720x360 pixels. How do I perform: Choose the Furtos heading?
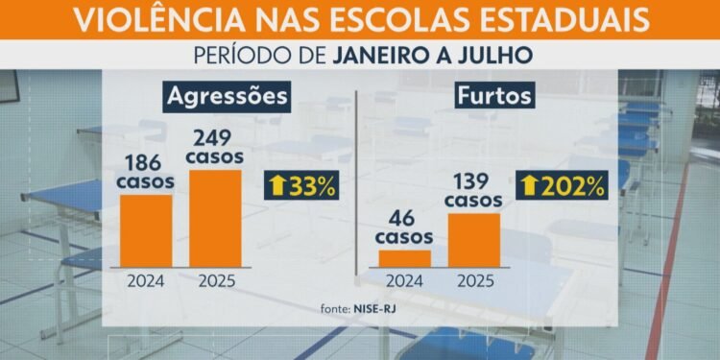pyautogui.click(x=495, y=97)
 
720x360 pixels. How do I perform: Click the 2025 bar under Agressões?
pyautogui.click(x=215, y=218)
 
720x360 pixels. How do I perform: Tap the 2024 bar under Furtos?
pyautogui.click(x=404, y=258)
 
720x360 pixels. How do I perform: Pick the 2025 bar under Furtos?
pyautogui.click(x=473, y=240)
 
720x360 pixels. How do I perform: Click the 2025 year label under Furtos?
pyautogui.click(x=473, y=283)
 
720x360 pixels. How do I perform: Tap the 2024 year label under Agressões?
pyautogui.click(x=146, y=283)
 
